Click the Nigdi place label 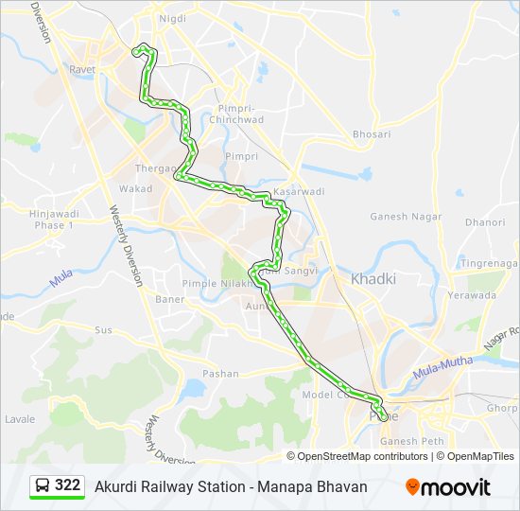click(173, 19)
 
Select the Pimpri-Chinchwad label click(250, 114)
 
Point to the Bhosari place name click(371, 134)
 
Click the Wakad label click(135, 189)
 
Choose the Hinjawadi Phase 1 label click(51, 220)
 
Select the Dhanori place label click(485, 222)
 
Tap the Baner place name click(170, 299)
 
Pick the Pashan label click(220, 374)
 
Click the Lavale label click(20, 419)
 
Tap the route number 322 click(67, 485)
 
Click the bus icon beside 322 click(43, 485)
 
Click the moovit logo click(448, 487)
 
